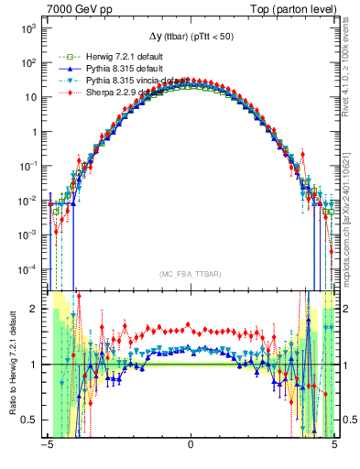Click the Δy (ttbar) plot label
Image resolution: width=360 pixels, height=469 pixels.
tap(190, 37)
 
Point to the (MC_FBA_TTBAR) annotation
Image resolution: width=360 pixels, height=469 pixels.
tap(190, 275)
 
